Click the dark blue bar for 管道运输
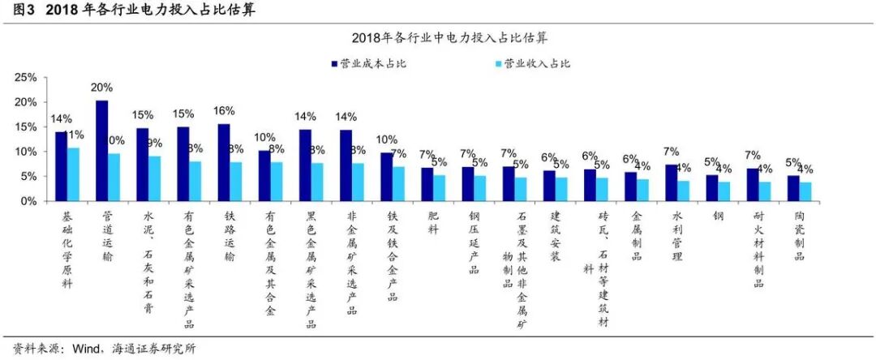(102, 151)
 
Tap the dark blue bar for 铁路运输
(224, 162)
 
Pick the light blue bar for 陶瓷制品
(805, 191)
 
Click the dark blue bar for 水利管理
(671, 182)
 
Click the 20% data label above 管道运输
(102, 88)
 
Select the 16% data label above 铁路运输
(224, 111)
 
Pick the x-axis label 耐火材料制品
(759, 249)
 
